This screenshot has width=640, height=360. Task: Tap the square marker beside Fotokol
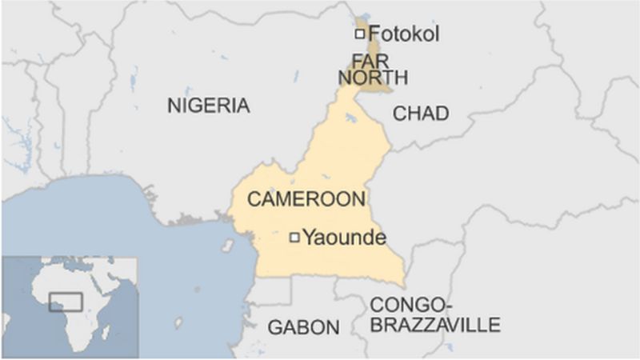click(x=360, y=34)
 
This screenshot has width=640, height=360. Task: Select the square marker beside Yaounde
click(x=294, y=236)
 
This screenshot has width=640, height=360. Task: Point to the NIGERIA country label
click(x=208, y=105)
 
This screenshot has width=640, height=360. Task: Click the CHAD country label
click(x=420, y=114)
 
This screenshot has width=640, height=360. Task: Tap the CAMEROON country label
click(x=306, y=199)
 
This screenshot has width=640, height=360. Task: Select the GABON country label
click(x=303, y=326)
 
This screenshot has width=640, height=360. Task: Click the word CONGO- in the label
click(x=408, y=305)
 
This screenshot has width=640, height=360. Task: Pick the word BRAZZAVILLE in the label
click(x=435, y=324)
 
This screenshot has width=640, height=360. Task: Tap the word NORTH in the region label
click(x=373, y=78)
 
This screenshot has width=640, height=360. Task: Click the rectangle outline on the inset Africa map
click(x=66, y=302)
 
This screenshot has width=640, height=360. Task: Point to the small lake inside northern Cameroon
click(x=350, y=120)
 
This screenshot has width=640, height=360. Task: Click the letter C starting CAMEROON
click(x=253, y=199)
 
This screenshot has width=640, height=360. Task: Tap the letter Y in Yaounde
click(x=308, y=237)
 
